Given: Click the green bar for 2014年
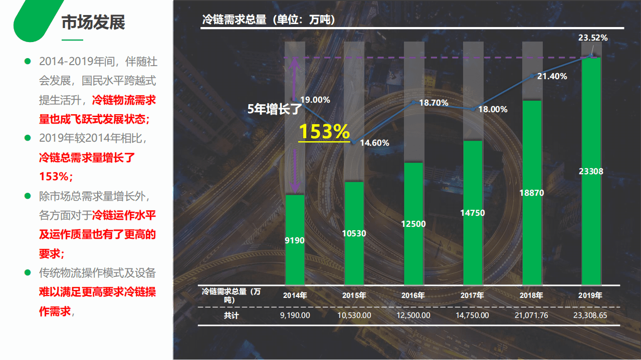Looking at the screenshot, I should (295, 240).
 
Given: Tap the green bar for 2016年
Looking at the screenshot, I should (413, 224).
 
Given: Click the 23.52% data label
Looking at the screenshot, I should (593, 38).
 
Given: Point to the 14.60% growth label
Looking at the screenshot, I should (374, 143).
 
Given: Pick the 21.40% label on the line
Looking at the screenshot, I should (552, 77).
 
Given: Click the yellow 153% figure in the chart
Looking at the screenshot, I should (324, 132).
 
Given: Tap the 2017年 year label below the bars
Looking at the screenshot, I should (473, 295).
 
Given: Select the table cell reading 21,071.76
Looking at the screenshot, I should (532, 315).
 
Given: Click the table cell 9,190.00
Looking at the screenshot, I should (295, 315).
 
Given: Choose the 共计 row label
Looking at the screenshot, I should (231, 315).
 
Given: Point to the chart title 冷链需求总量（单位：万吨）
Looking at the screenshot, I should (268, 20).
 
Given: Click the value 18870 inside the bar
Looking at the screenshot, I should (532, 193).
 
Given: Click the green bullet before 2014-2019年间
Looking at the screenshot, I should (28, 62).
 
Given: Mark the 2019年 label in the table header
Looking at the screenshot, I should (591, 295).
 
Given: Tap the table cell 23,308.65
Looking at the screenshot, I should (591, 315).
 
